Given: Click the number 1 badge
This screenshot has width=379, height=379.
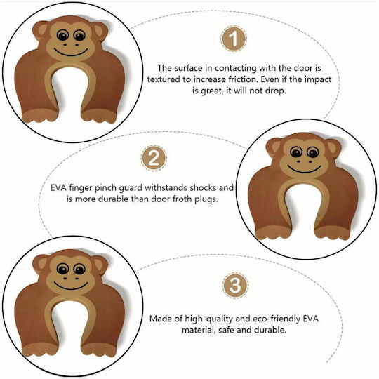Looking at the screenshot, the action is tap(234, 39).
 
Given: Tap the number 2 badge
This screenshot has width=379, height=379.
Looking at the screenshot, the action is tap(154, 159).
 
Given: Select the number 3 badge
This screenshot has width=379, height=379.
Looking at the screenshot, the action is tap(235, 286).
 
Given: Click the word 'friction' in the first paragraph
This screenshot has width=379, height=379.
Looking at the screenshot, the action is tap(242, 79).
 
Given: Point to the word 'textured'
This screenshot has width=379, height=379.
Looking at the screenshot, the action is tap(164, 79).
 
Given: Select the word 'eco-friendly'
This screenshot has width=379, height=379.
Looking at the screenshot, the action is tap(277, 319).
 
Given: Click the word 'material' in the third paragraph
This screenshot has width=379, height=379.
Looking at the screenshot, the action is tap(198, 330).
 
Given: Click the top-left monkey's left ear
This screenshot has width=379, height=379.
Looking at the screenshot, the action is tap(41, 30).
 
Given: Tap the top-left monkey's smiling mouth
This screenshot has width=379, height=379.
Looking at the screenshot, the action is tap(71, 52).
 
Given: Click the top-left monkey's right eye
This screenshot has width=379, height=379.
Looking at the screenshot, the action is tap(79, 36).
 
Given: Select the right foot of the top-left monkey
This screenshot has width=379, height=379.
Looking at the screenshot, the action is tap(99, 115).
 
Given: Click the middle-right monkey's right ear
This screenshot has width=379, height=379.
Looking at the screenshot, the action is tap(334, 147).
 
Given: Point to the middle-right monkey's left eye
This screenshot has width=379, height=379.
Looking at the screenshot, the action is tap(296, 152).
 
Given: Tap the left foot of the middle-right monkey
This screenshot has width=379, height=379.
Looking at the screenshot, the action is tap(274, 232).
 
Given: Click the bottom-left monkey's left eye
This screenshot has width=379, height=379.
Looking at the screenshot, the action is tap(62, 270).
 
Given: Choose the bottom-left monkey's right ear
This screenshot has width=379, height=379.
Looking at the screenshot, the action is tap(100, 264).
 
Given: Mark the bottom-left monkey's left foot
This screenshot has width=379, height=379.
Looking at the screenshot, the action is tap(39, 350).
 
